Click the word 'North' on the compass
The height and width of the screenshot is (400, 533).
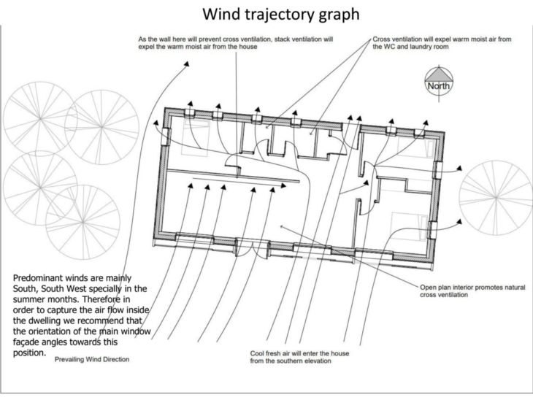[440, 86]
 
